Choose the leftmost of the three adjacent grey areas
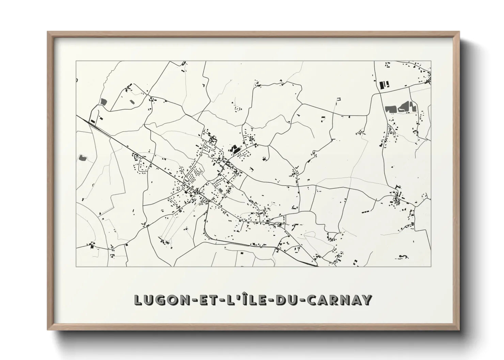[x=390, y=109]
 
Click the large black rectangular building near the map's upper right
[x=381, y=85]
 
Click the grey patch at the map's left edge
[x=82, y=157]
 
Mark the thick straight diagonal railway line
[x=136, y=153]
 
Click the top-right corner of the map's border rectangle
[x=431, y=61]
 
